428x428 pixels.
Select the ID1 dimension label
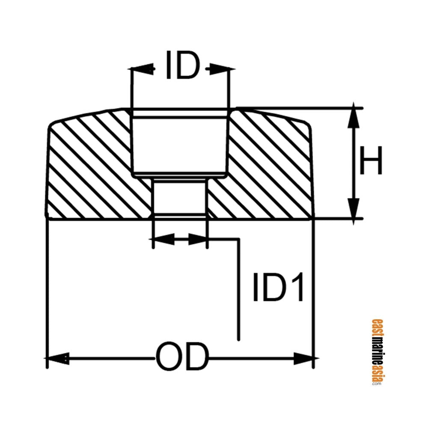pos(279,287)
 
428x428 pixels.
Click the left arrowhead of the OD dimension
pos(58,357)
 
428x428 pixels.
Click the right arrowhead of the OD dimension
pos(303,357)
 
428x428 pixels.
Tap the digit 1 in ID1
pos(296,287)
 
